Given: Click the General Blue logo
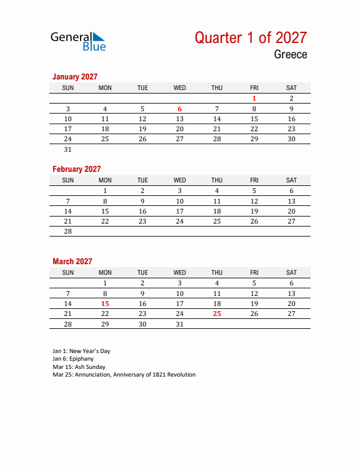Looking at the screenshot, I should point(78,41).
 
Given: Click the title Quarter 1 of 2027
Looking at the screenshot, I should point(251,38).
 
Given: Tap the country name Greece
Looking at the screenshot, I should point(290,55).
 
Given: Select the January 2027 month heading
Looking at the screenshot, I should point(75,76).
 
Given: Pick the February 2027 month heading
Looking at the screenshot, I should point(76,169).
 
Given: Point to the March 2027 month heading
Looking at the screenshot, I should point(72,261).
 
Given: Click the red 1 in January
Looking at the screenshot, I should point(254,98).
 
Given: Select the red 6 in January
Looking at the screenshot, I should point(180,109).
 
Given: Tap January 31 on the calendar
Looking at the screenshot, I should point(68,149).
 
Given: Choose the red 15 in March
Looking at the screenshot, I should point(105,304).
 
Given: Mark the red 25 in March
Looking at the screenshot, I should point(217,314).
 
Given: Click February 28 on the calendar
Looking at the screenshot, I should point(68,231).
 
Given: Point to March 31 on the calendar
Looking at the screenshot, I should point(180,324).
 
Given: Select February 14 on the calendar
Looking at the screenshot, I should point(68,211).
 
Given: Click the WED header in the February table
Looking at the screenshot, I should point(180,180).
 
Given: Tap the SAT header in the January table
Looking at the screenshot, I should point(291,88).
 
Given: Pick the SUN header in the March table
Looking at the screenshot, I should point(68,272).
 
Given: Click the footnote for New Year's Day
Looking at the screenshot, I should point(81,351).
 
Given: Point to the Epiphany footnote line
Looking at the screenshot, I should point(73,358).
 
